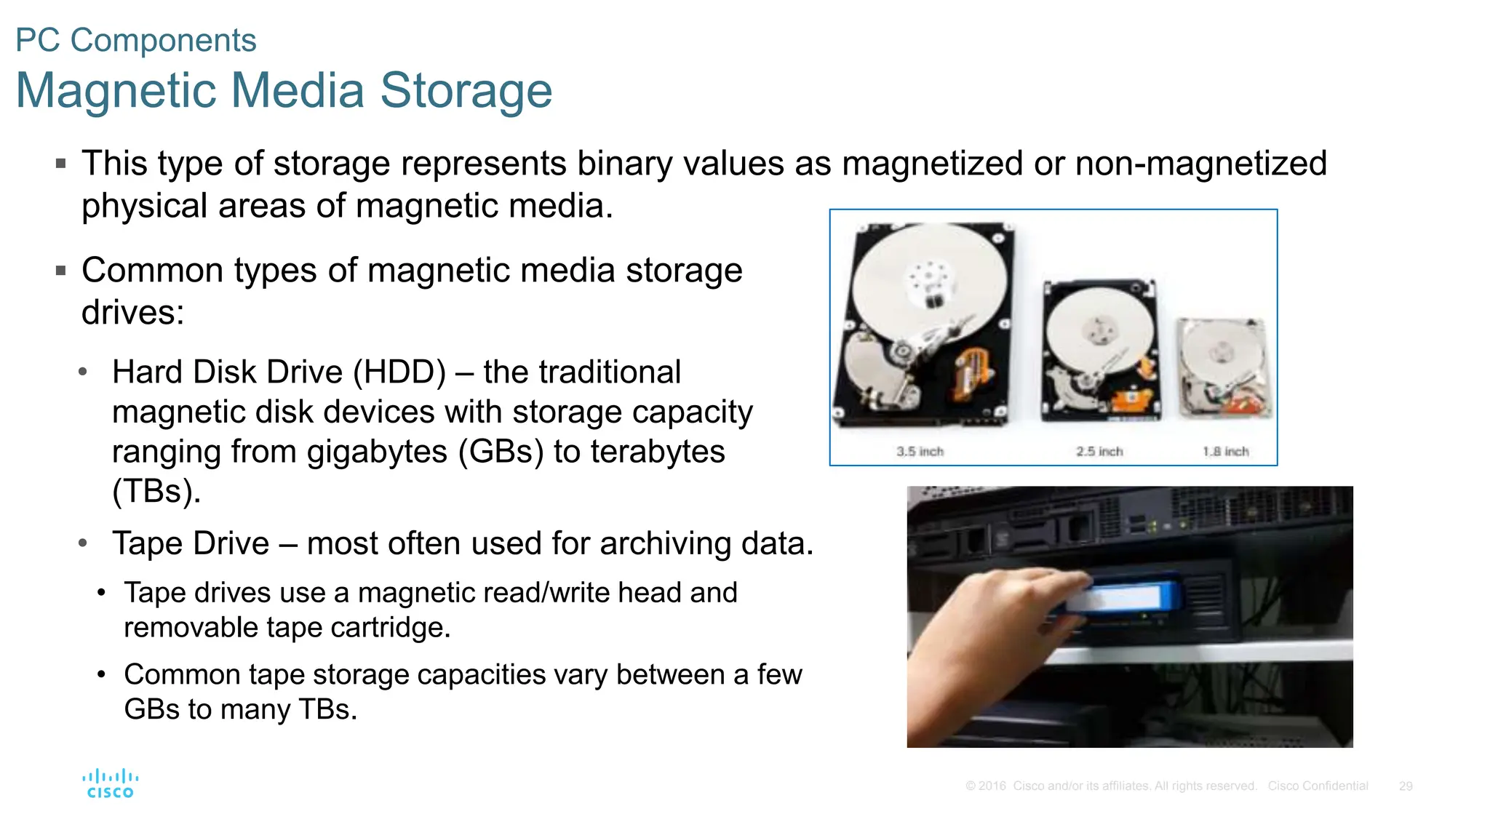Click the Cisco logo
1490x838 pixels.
tap(110, 783)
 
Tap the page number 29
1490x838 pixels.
tap(1405, 786)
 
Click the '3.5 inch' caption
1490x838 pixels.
tap(920, 452)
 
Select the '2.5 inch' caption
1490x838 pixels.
tap(1099, 452)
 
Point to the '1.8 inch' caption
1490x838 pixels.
tap(1225, 452)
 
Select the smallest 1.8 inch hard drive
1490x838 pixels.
tap(1224, 367)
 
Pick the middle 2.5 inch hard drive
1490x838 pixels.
tap(1099, 349)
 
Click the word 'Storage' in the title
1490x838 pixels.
tap(466, 91)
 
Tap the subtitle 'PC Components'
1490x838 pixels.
tap(136, 41)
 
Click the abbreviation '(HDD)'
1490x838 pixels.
tap(399, 372)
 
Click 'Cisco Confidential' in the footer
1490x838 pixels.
tap(1318, 786)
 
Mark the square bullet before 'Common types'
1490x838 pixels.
tap(61, 271)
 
